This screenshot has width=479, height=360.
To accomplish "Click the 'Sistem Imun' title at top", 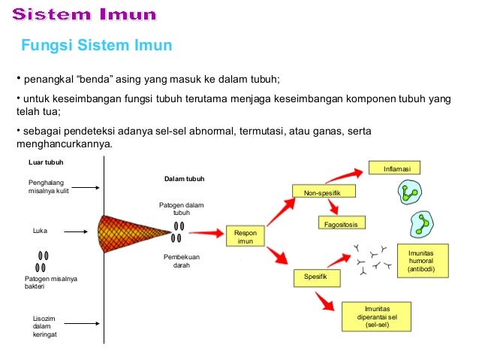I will pos(85,14).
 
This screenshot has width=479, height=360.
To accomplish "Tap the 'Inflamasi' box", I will pos(395,168).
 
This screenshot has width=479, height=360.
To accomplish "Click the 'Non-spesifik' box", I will pos(323,194).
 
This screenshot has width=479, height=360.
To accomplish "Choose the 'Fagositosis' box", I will pos(342,224).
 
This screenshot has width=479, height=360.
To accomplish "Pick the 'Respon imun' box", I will pos(246,237).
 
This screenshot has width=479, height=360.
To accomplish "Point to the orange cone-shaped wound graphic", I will pos(135,232).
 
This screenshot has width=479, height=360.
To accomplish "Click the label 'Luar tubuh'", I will pos(45,162).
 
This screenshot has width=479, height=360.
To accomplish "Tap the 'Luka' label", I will pos(41,231).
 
